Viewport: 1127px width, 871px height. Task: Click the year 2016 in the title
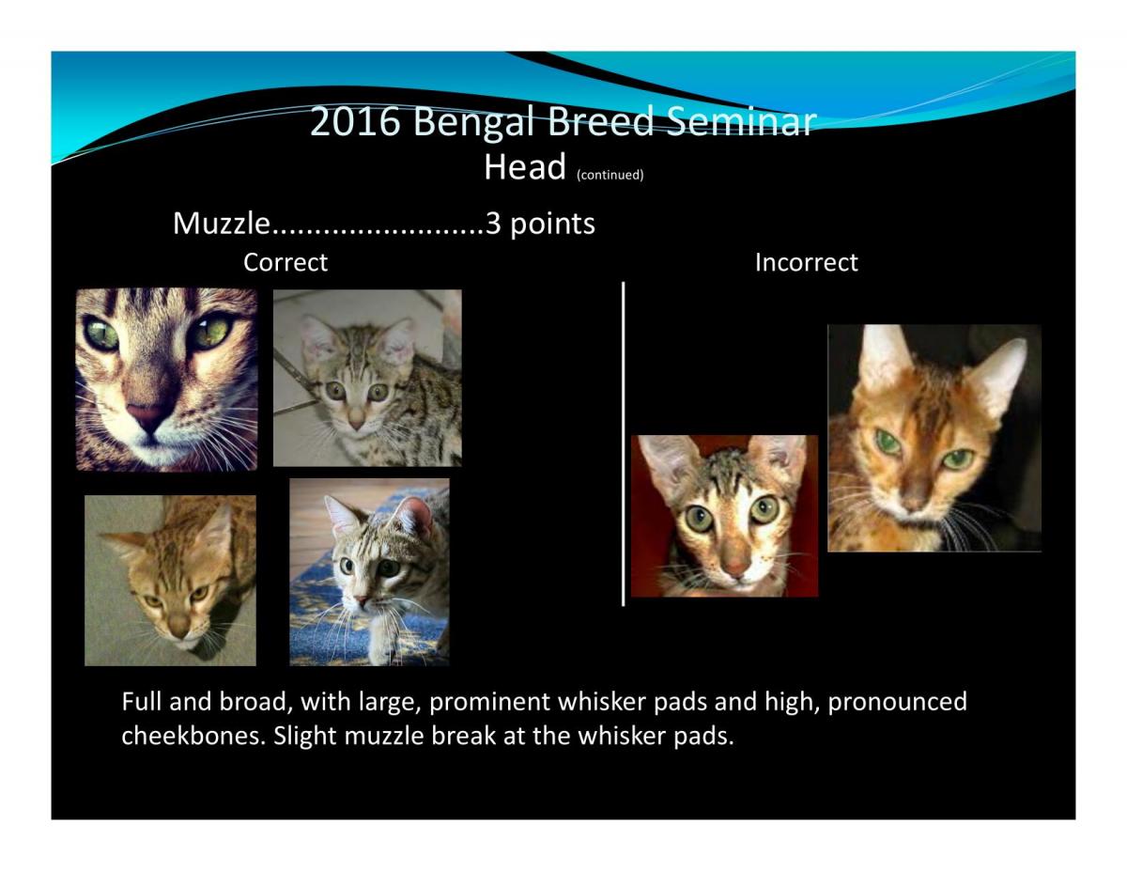coord(356,121)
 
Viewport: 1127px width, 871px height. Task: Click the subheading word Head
coord(524,166)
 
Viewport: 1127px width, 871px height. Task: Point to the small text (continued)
coord(610,175)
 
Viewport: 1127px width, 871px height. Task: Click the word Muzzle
coord(222,223)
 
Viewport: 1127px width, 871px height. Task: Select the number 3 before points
coord(493,223)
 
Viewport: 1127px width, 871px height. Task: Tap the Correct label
coord(286,262)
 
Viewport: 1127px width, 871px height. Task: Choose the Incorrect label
coord(806,262)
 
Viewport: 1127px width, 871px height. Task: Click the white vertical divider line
coord(623,443)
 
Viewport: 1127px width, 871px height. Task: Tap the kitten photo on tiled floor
coord(367,378)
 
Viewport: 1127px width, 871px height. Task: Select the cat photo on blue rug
coord(369,571)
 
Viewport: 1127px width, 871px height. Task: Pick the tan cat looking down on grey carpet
coord(170,580)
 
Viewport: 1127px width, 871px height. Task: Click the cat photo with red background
coord(724,516)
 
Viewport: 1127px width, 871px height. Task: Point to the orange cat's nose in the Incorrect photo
coord(913,502)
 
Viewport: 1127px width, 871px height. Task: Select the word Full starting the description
coord(142,701)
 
